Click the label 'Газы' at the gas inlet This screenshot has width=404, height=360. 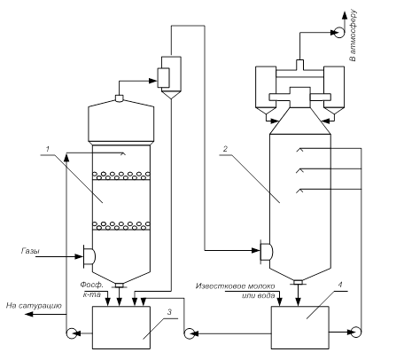(30, 251)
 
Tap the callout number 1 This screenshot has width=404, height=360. (48, 149)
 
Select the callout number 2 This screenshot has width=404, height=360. (225, 149)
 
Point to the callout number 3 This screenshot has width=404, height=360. (169, 312)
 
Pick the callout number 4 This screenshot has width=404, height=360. (340, 285)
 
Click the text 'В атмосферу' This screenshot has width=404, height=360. (353, 35)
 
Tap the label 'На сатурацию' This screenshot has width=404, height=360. (34, 306)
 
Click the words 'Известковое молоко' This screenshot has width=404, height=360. (235, 286)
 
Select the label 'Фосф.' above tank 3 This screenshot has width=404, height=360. (92, 285)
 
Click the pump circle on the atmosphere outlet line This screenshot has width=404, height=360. (339, 32)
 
